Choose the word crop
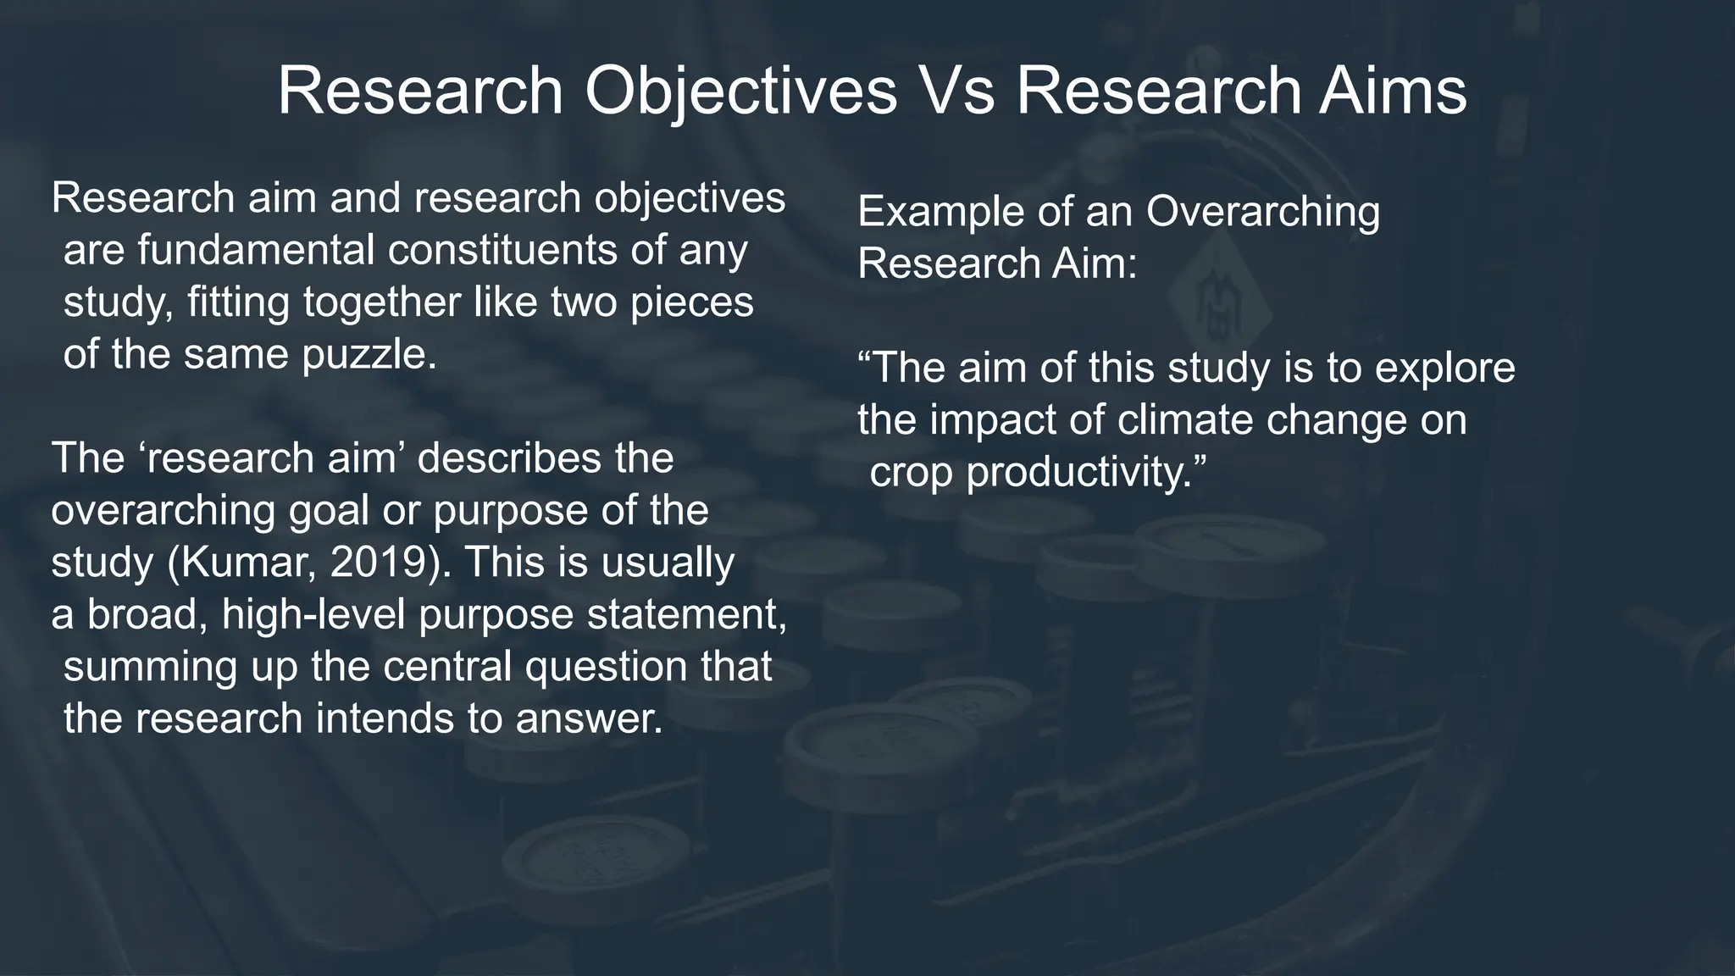tap(912, 472)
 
